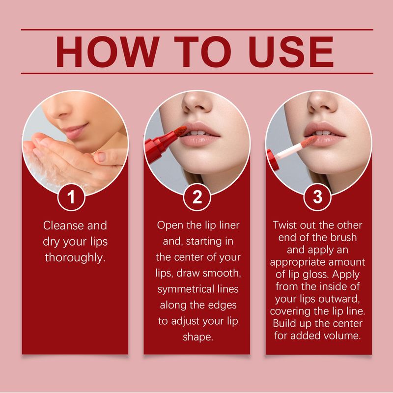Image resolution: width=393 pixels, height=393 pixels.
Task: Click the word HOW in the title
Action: (108, 52)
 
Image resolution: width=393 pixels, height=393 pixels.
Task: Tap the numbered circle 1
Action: (71, 197)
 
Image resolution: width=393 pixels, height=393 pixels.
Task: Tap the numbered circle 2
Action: (197, 197)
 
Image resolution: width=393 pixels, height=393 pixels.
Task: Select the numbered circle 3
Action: (317, 197)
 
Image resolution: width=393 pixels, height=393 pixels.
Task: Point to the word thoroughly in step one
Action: (75, 257)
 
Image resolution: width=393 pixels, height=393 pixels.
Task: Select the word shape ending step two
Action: (198, 337)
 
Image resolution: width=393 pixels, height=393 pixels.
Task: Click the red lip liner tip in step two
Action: (181, 131)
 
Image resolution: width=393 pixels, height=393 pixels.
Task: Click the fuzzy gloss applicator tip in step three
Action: (309, 141)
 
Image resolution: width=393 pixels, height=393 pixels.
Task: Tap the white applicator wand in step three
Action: (288, 151)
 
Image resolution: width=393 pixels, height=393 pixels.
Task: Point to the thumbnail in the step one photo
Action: (101, 157)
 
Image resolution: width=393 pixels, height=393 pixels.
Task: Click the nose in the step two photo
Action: (197, 102)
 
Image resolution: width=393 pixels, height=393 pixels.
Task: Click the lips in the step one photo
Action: (75, 131)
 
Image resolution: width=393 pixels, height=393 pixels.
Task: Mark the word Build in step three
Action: (284, 323)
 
